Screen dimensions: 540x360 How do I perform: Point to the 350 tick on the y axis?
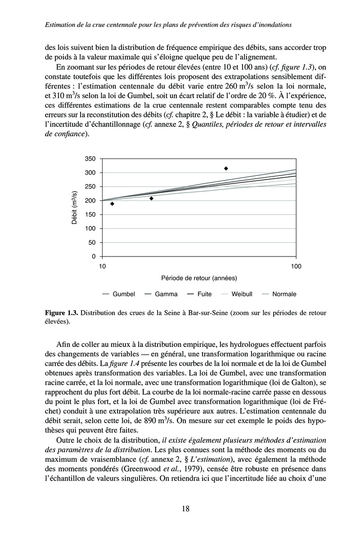90,159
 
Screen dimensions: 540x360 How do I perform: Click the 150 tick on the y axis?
90,215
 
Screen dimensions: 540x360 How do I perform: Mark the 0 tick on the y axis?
94,256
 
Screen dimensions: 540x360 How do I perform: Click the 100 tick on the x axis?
296,266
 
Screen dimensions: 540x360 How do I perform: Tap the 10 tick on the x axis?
102,266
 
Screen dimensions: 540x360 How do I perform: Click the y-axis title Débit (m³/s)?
75,207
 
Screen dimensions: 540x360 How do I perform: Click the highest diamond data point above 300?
226,168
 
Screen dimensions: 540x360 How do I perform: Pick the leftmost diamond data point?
112,204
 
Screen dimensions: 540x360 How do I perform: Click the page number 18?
185,509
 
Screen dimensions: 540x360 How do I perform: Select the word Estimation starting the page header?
62,25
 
